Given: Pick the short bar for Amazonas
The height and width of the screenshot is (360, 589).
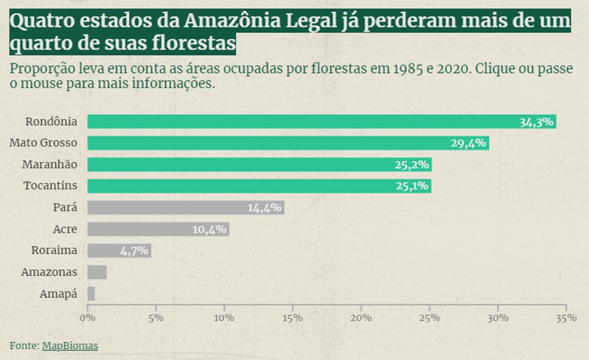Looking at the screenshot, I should (x=97, y=272).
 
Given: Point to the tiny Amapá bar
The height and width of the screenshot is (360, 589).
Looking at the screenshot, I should (x=91, y=294).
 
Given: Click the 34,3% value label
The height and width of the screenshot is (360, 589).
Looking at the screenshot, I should (x=536, y=122).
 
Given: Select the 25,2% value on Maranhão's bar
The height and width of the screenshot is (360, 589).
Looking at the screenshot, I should (x=412, y=165).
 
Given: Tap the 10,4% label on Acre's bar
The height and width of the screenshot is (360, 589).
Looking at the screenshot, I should (x=210, y=230).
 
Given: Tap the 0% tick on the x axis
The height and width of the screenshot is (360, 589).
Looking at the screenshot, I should (x=88, y=318).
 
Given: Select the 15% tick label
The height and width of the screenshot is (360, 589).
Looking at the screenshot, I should (x=292, y=318).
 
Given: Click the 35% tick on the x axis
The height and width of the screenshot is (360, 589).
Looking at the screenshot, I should (x=565, y=318).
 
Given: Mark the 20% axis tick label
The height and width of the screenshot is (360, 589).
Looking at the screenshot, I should (x=361, y=318).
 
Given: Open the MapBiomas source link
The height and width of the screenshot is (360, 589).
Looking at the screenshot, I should (x=69, y=345).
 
